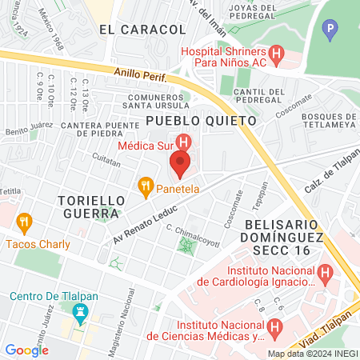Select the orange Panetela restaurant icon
pyautogui.click(x=145, y=188)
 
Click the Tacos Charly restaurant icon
pyautogui.click(x=24, y=222)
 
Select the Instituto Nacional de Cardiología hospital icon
pyautogui.click(x=326, y=274)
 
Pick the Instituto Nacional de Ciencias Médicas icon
pyautogui.click(x=274, y=327)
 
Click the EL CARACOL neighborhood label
pyautogui.click(x=142, y=30)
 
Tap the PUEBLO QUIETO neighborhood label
pyautogui.click(x=201, y=120)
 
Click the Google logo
pyautogui.click(x=26, y=350)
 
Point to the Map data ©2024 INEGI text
pyautogui.click(x=311, y=354)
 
